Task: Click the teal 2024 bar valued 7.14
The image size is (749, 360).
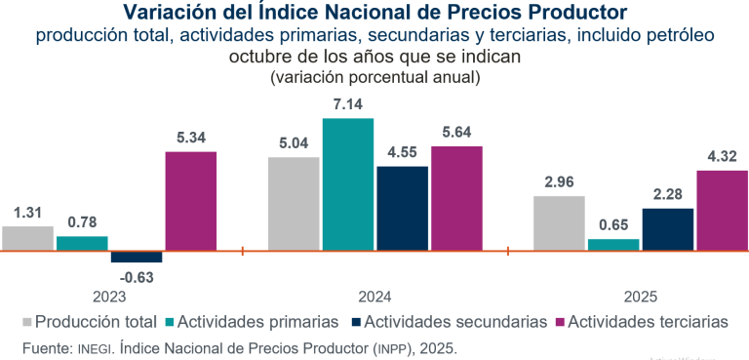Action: pyautogui.click(x=348, y=184)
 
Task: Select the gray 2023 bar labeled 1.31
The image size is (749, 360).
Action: pyautogui.click(x=27, y=238)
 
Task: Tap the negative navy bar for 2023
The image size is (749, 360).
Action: pyautogui.click(x=137, y=257)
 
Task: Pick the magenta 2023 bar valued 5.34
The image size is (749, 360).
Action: pyautogui.click(x=191, y=201)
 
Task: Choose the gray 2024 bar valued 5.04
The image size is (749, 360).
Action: pyautogui.click(x=294, y=203)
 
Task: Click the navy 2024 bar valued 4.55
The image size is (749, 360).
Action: pyautogui.click(x=402, y=208)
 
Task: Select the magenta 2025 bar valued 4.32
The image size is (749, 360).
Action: pyautogui.click(x=722, y=210)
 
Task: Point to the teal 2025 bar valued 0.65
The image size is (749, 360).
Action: pyautogui.click(x=613, y=245)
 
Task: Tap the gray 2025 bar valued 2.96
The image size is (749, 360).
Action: pyautogui.click(x=559, y=223)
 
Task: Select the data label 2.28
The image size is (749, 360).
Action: pyautogui.click(x=667, y=195)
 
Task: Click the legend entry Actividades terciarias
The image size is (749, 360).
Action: pyautogui.click(x=648, y=321)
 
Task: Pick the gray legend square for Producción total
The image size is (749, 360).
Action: pyautogui.click(x=26, y=321)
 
